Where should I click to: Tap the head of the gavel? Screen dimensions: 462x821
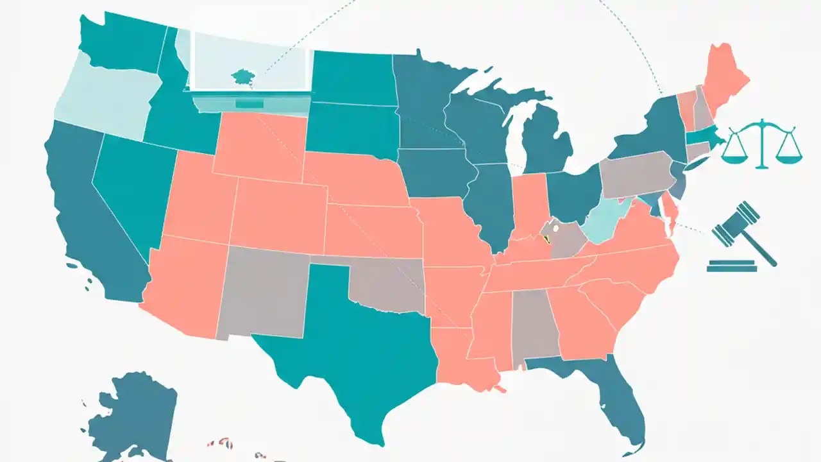pos(735,223)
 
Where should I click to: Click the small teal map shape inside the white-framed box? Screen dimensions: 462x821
pos(242,76)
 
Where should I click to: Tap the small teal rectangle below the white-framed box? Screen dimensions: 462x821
pos(249,103)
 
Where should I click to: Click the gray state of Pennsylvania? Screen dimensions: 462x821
pos(635,173)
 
